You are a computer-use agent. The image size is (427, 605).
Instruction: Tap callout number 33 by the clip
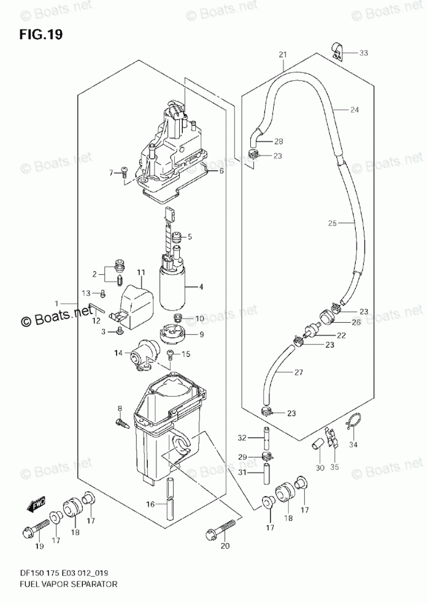click(x=364, y=53)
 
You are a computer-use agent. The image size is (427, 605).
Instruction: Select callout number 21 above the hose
click(x=283, y=55)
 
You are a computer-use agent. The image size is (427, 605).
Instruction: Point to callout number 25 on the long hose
click(x=333, y=224)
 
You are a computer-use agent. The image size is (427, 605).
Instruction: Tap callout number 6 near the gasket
click(x=221, y=171)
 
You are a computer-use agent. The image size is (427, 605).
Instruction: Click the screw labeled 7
click(x=123, y=173)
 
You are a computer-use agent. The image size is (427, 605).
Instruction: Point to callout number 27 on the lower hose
click(x=299, y=372)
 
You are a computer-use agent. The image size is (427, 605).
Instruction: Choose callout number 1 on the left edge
click(x=56, y=303)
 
